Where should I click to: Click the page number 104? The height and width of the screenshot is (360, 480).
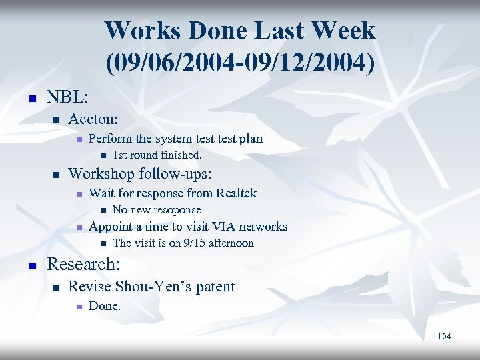pyautogui.click(x=444, y=337)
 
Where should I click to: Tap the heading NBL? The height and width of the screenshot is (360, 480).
pyautogui.click(x=67, y=97)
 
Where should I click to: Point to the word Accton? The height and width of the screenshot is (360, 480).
pyautogui.click(x=93, y=119)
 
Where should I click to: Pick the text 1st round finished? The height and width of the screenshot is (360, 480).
pyautogui.click(x=157, y=155)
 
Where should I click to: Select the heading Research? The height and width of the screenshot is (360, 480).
pyautogui.click(x=83, y=264)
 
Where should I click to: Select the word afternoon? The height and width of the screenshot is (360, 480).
pyautogui.click(x=231, y=243)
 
